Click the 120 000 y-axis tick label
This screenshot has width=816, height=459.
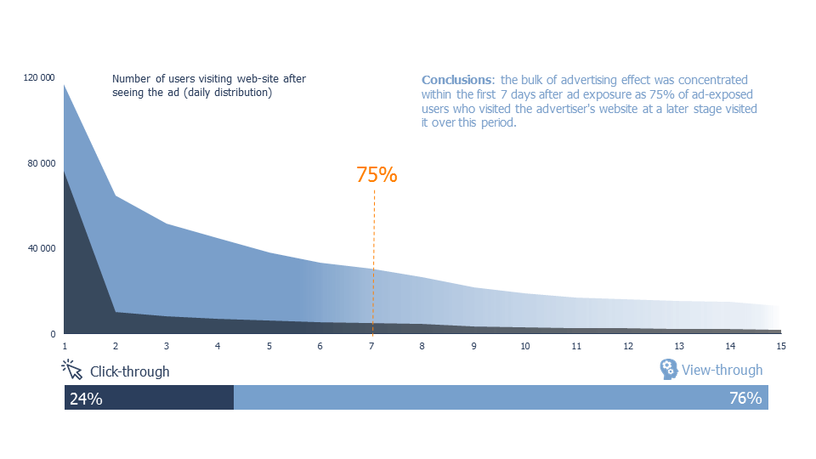39,77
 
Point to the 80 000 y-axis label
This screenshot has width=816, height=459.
42,163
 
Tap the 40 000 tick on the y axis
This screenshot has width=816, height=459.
42,248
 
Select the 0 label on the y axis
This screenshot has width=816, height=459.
53,334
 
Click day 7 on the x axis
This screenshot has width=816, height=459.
371,346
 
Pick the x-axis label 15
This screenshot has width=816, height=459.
781,346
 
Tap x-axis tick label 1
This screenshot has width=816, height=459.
65,346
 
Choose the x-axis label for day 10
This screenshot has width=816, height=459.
525,346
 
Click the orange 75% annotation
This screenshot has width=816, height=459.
377,175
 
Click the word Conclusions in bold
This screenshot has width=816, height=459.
456,80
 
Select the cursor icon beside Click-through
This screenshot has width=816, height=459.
71,370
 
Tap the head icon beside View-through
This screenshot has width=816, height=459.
669,369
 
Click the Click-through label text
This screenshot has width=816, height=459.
129,371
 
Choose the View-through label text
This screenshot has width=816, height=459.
722,370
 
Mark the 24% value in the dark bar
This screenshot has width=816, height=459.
86,399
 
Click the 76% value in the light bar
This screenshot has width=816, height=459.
745,398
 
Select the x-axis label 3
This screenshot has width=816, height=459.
167,346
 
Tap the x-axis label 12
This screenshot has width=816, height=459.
628,346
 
